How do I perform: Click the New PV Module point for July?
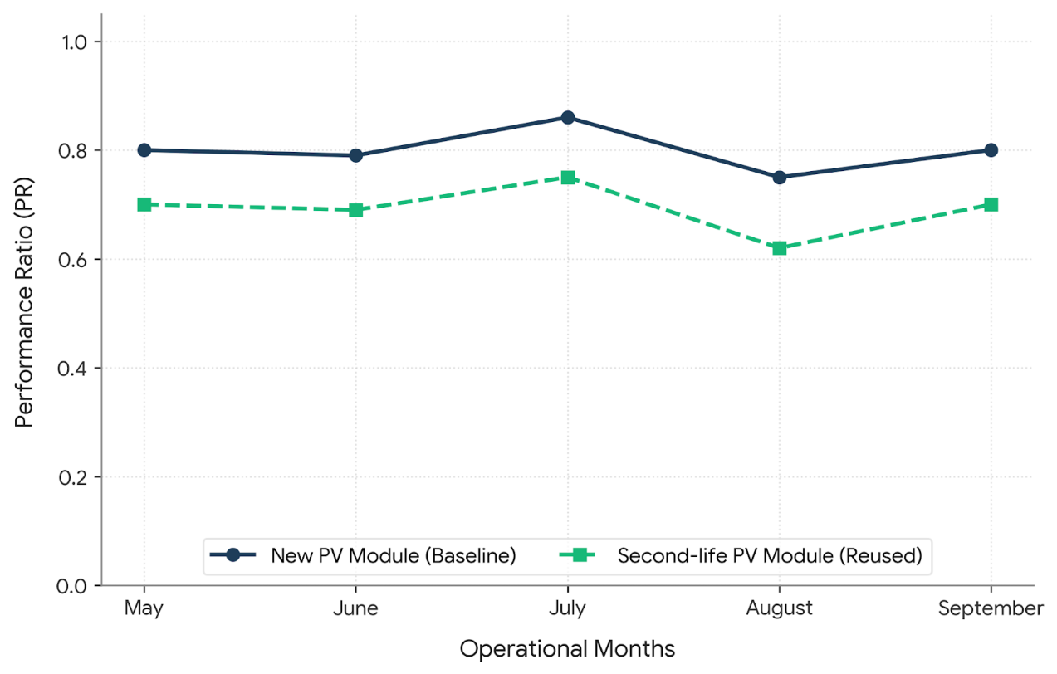pos(568,117)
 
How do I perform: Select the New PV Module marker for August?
pos(780,178)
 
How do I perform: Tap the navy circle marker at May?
pos(144,150)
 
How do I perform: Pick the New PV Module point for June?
pos(356,156)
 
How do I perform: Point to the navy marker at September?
pos(991,150)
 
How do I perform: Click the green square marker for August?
pos(780,248)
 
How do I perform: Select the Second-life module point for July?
pos(568,178)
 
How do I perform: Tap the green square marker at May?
pos(144,205)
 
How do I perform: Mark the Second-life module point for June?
pos(356,210)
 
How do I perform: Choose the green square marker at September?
pos(991,205)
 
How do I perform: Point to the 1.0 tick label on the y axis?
pos(75,42)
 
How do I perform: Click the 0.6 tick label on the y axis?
pos(73,260)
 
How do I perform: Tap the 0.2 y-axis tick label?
pos(73,477)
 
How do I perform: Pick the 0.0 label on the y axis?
pos(72,586)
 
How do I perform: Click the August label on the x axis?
pos(780,608)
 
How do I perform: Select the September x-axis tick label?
pos(991,608)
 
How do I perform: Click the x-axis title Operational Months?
pos(567,648)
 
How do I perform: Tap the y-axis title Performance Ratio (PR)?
pos(23,302)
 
